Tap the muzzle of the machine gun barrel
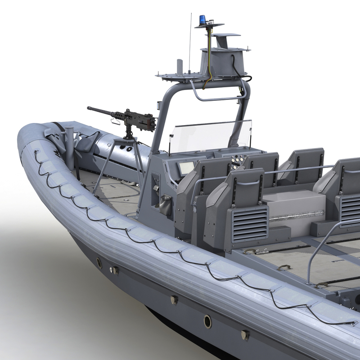(89, 108)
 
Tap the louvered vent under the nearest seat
(250, 224)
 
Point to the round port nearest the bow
(99, 264)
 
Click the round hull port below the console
(207, 321)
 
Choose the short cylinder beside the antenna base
(180, 66)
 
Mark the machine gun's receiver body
(135, 119)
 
